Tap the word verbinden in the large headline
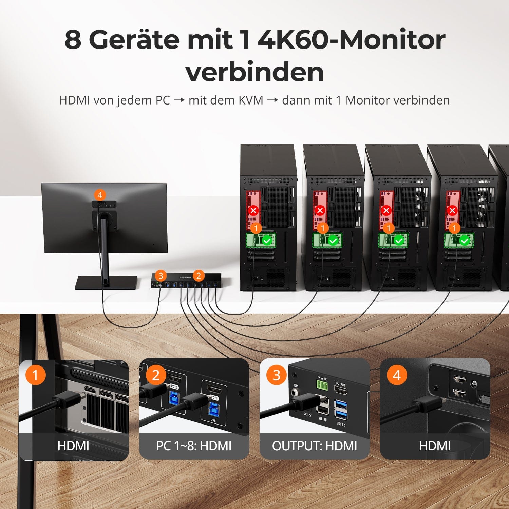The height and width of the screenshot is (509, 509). (254, 72)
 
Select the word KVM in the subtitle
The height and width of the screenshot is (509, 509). (251, 100)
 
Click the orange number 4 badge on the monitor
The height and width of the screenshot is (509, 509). (100, 195)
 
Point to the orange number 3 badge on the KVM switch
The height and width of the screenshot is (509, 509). (161, 276)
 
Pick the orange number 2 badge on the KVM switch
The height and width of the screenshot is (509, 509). (199, 276)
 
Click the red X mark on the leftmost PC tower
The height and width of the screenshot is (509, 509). (253, 210)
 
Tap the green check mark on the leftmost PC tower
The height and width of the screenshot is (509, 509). (267, 241)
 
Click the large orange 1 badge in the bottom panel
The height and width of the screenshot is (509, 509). (35, 375)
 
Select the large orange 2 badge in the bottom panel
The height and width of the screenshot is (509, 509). (156, 375)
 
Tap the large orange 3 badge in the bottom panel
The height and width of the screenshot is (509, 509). (277, 375)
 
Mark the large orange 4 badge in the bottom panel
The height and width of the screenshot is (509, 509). (397, 375)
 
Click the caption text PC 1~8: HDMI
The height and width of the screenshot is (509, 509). (194, 446)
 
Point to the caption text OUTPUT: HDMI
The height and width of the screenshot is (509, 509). (315, 446)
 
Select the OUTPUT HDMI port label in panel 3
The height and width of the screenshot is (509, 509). (340, 384)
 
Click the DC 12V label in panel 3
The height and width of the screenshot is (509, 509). (307, 415)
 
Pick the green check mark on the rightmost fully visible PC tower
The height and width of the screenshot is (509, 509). (465, 241)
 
